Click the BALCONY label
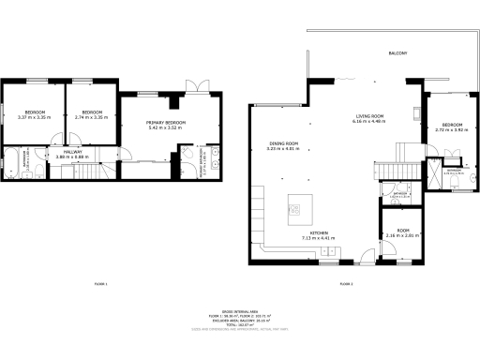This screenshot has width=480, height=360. (397, 53)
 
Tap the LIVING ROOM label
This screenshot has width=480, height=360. (368, 116)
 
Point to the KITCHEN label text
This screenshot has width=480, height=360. (320, 233)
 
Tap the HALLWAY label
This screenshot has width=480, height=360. (72, 152)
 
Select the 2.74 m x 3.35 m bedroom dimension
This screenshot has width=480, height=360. (90, 117)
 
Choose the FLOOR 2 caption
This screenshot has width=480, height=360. (345, 283)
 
